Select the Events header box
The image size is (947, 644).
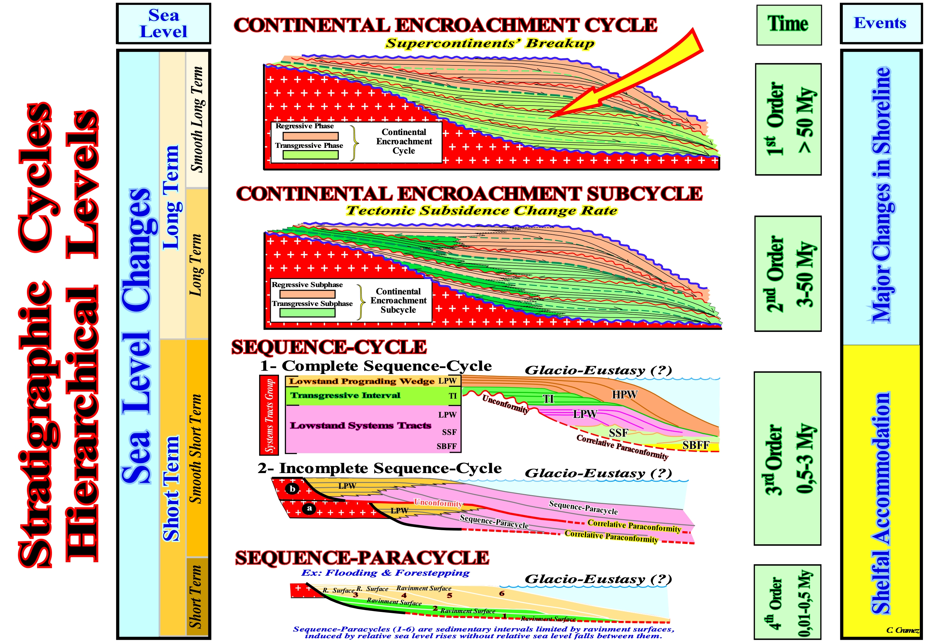pos(881,23)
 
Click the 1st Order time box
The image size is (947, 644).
pos(788,119)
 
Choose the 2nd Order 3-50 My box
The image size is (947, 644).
pos(788,274)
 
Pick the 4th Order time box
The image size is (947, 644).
pos(788,602)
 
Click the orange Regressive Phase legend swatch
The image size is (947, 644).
pos(310,136)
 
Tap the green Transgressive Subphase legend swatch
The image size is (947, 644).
pos(307,313)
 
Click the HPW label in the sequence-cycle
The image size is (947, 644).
pos(624,394)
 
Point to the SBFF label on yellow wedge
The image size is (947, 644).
pos(696,445)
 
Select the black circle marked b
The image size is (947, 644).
pos(292,489)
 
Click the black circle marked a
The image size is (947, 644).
pos(309,508)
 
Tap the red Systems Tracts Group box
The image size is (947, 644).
pos(269,415)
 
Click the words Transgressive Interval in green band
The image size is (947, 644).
pos(345,395)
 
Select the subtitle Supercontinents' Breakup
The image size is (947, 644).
pos(490,43)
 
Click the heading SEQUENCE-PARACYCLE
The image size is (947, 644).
pos(362,558)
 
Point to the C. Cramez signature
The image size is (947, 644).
pos(902,630)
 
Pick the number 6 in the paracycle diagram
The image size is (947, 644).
pos(502,593)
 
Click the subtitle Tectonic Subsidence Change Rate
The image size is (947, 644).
pos(482,211)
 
